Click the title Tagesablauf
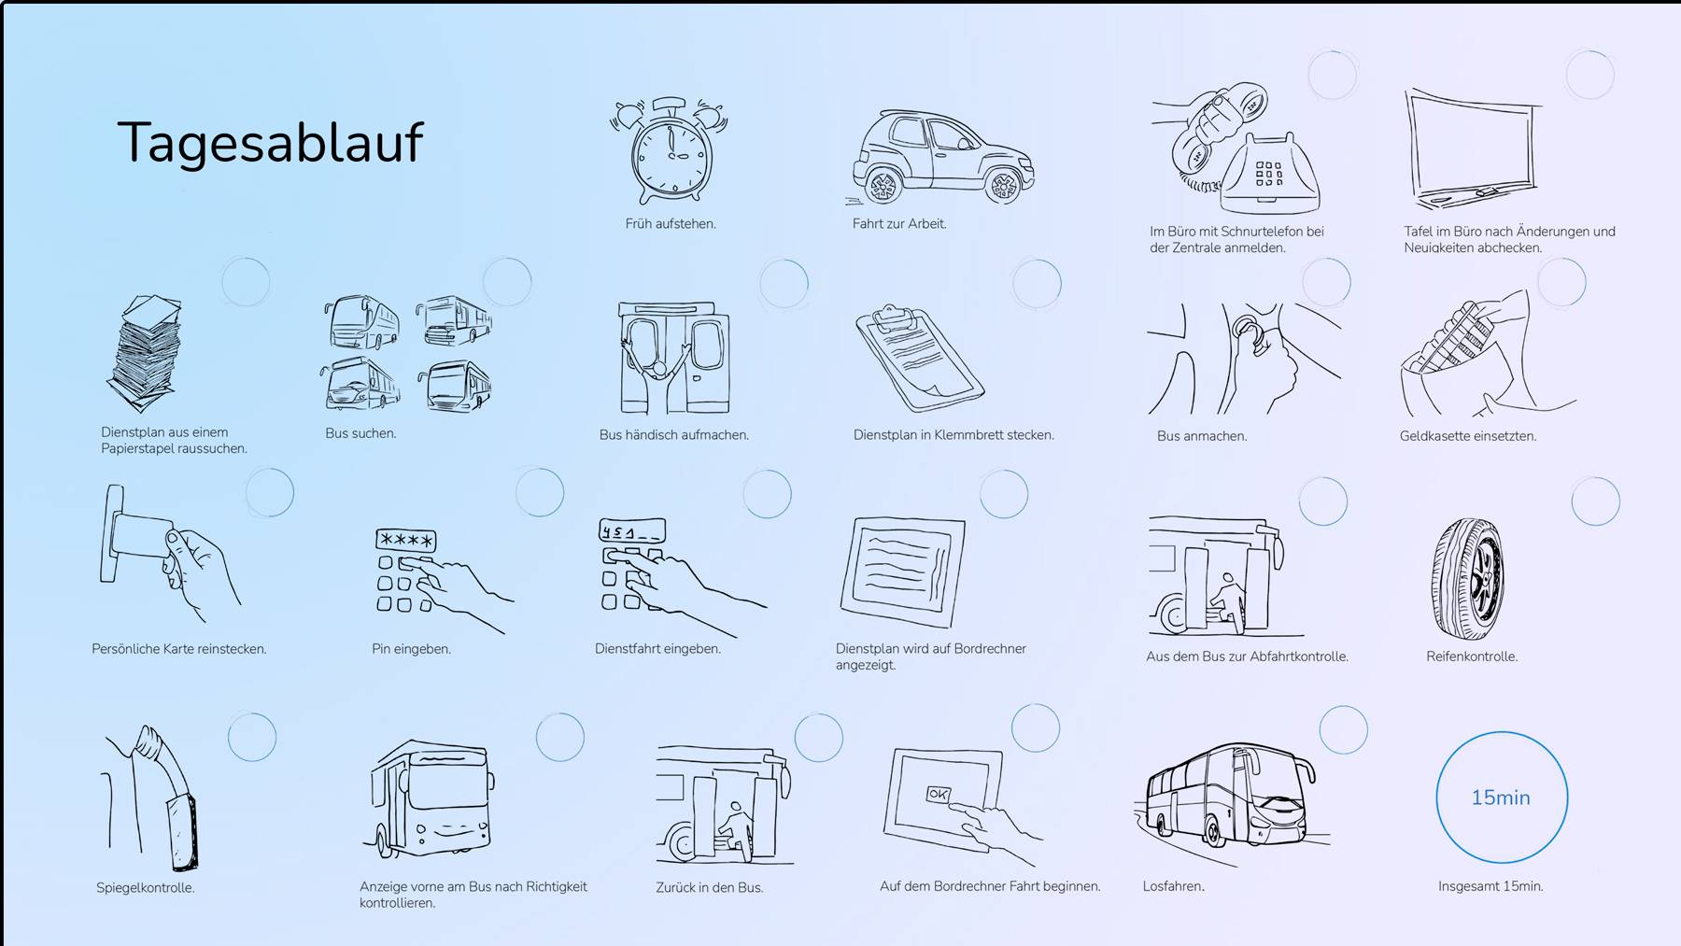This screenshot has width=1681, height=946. (x=270, y=142)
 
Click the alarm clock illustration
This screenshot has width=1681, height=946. (x=669, y=149)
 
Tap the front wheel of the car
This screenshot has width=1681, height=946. (x=1003, y=186)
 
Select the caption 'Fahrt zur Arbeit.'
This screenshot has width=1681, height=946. (x=898, y=224)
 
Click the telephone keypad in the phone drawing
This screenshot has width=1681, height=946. (x=1268, y=174)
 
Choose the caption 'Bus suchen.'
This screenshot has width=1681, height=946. (x=360, y=433)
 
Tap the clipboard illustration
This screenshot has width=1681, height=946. (x=919, y=358)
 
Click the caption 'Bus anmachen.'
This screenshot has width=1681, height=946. (x=1202, y=436)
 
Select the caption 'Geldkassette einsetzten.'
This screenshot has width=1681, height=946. (x=1467, y=436)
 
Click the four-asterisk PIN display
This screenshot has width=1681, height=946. (x=406, y=540)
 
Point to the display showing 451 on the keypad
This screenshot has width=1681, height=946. (x=632, y=531)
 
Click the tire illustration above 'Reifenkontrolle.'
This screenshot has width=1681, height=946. (x=1468, y=579)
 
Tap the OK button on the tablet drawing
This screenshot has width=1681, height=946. (x=938, y=795)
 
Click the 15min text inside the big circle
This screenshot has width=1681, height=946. (x=1501, y=798)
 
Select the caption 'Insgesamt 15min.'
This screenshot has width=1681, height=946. (x=1490, y=886)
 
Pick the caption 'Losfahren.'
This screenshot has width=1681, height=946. (x=1173, y=886)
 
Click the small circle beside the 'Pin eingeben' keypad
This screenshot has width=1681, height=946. (x=540, y=492)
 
